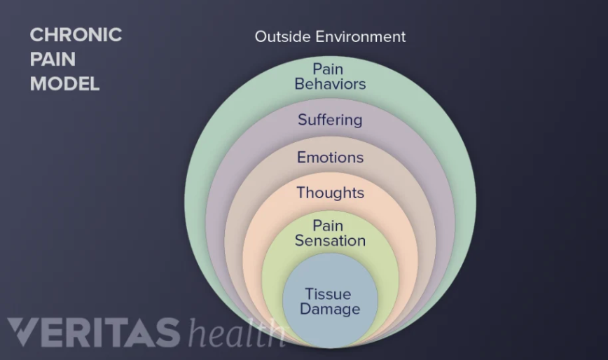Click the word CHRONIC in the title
pyautogui.click(x=76, y=35)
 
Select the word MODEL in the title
pyautogui.click(x=64, y=84)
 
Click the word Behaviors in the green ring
pyautogui.click(x=330, y=84)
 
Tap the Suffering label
pyautogui.click(x=330, y=120)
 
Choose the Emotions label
pyautogui.click(x=330, y=157)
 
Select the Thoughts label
pyautogui.click(x=330, y=193)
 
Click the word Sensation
pyautogui.click(x=330, y=241)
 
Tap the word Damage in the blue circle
pyautogui.click(x=330, y=309)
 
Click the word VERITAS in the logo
pyautogui.click(x=95, y=333)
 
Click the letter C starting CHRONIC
pyautogui.click(x=36, y=35)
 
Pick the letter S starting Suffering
pyautogui.click(x=303, y=120)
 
